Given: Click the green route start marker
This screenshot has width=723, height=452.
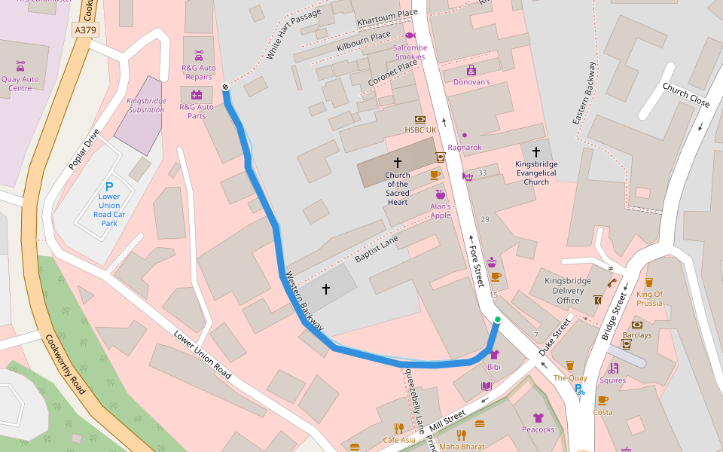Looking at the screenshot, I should pos(497,320).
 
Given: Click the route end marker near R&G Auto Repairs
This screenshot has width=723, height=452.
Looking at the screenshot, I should pos(225,87).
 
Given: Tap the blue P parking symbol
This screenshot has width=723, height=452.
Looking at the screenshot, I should pos(109,186).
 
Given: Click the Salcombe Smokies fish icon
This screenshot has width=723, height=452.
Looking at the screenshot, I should pos(410,35).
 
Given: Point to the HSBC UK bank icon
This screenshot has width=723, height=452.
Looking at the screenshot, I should pos(420,119).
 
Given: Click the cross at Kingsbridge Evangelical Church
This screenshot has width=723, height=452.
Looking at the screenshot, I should pos(536,152).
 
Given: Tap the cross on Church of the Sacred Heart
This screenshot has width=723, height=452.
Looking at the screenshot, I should pos(398,162).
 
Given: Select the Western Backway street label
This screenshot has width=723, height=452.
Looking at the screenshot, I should pos(305,301).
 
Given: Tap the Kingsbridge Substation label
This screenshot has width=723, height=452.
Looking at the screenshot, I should pos(145,105).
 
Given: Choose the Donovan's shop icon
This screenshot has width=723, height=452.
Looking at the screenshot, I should pos(471,70).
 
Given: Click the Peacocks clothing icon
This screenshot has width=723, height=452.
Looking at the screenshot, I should pos(538,417).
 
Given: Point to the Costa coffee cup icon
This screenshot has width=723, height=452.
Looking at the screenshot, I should pos(602,400).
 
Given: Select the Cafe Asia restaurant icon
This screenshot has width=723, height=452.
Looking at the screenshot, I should pos(398,428).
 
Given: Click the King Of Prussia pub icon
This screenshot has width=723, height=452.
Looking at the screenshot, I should pos(648,282).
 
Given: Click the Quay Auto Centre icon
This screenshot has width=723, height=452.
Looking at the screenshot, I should pos(20,66).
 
